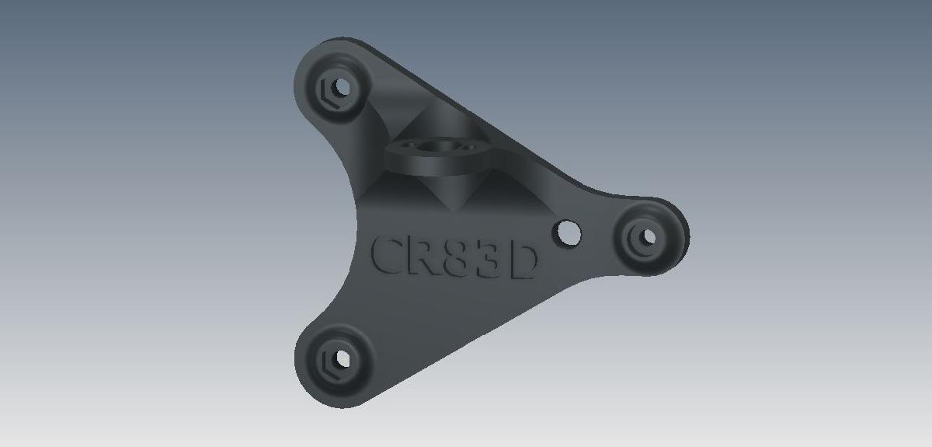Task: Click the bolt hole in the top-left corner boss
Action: (x=340, y=83)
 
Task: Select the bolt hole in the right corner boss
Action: (x=647, y=235)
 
